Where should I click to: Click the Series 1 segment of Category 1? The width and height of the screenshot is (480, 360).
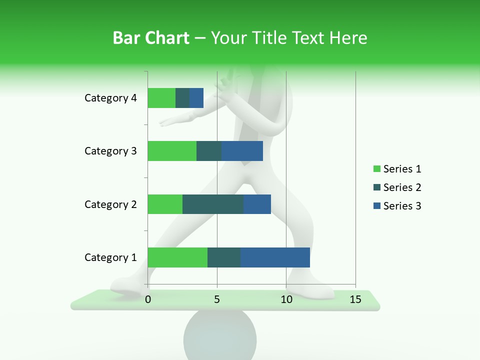coord(177,257)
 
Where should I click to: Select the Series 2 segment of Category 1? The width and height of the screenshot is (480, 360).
coord(224,257)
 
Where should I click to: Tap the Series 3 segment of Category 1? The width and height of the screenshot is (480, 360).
coord(275,257)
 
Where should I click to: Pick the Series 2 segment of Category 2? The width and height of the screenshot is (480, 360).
coord(213,204)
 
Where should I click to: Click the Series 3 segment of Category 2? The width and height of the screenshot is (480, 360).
coord(257,204)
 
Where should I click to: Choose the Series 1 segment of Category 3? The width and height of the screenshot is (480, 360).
coord(172,151)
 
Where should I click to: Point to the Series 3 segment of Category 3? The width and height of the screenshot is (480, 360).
coord(242,151)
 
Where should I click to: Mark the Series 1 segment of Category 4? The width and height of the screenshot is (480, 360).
coord(161,98)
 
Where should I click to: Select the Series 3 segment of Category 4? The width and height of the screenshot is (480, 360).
coord(196,98)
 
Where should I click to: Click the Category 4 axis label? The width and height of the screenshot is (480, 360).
coord(110,98)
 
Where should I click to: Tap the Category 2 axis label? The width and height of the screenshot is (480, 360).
coord(110,204)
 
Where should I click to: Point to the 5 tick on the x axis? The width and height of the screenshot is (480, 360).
coord(217,299)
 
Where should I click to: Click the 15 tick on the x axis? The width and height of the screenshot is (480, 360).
coord(355,299)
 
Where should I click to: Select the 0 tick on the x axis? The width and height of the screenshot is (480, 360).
coord(148,299)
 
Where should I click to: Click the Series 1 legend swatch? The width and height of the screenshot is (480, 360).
coord(376,169)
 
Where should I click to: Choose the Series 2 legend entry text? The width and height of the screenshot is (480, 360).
coord(402,187)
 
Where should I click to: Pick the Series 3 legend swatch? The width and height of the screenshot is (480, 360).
coord(376,206)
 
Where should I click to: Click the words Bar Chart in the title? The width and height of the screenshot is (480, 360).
coord(151,37)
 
